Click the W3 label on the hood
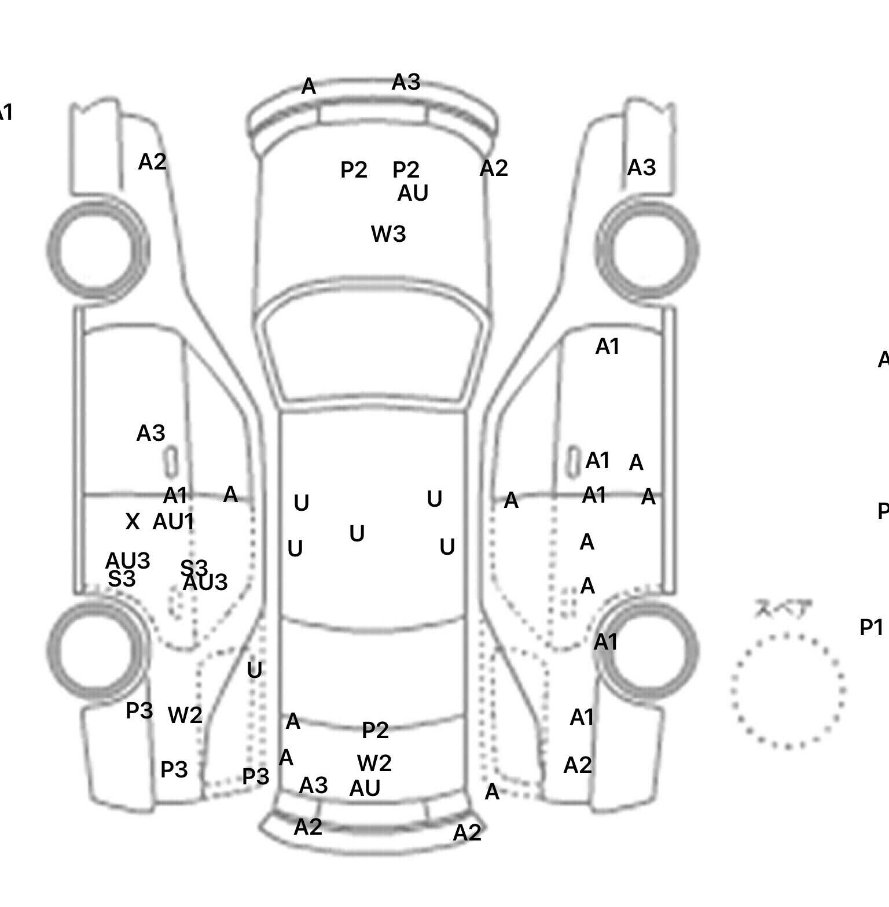coord(388,234)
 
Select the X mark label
coord(132,522)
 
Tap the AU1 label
coord(173,522)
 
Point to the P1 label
coord(871,627)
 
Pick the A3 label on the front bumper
coord(406,82)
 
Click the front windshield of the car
coord(373,353)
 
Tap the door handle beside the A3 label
coord(171,461)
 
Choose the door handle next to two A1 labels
coord(572,461)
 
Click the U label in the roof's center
coord(357,533)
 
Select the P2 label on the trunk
coord(375,730)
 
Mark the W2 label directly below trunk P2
coord(374,764)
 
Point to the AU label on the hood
coord(413,193)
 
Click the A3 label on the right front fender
coord(641,168)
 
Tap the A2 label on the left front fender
coord(152,162)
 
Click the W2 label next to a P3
coord(185,716)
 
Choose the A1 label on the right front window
coord(607,346)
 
